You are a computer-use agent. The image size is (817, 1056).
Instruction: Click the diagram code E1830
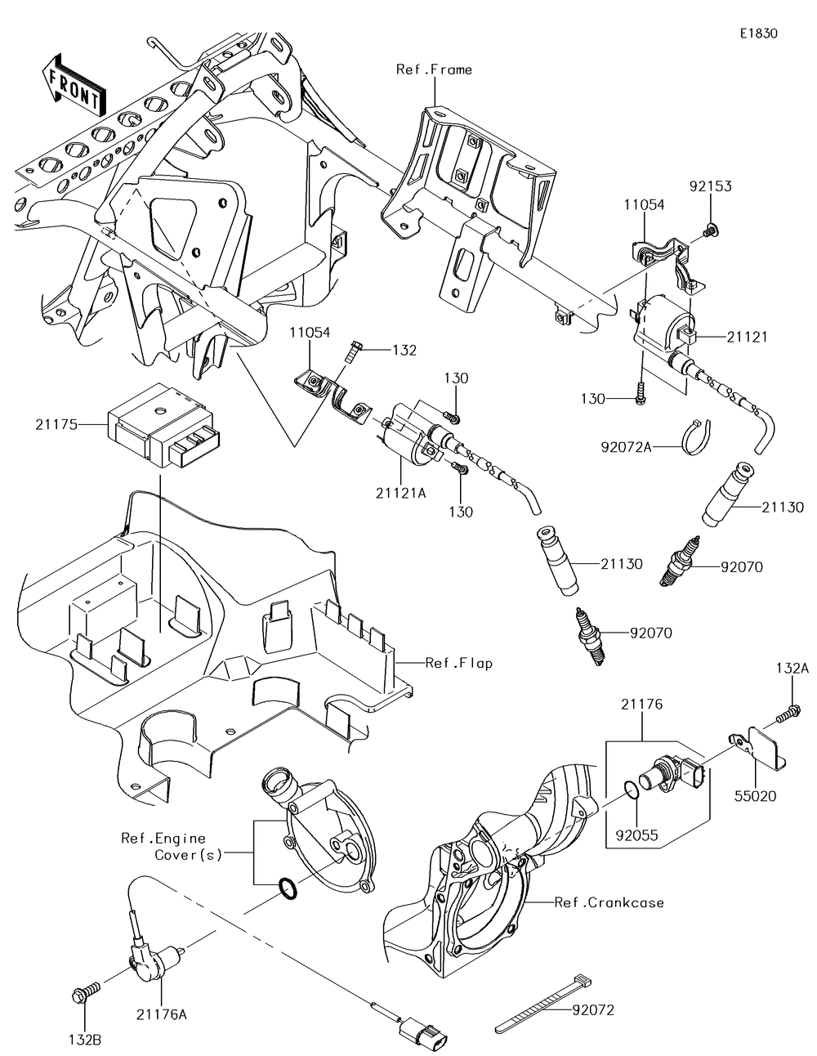758,34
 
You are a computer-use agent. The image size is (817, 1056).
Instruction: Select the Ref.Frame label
434,70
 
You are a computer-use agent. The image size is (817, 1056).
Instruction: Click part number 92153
711,186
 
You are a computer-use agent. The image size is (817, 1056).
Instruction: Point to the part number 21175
56,425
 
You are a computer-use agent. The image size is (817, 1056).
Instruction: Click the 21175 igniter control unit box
163,425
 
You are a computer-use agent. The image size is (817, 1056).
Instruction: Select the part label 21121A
400,493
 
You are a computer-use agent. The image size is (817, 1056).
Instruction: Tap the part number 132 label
404,350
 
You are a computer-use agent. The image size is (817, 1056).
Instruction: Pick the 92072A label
626,446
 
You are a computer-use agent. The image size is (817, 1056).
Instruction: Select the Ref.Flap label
458,663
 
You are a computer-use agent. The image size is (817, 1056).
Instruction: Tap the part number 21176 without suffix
641,704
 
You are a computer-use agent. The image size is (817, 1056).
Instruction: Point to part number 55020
755,796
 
